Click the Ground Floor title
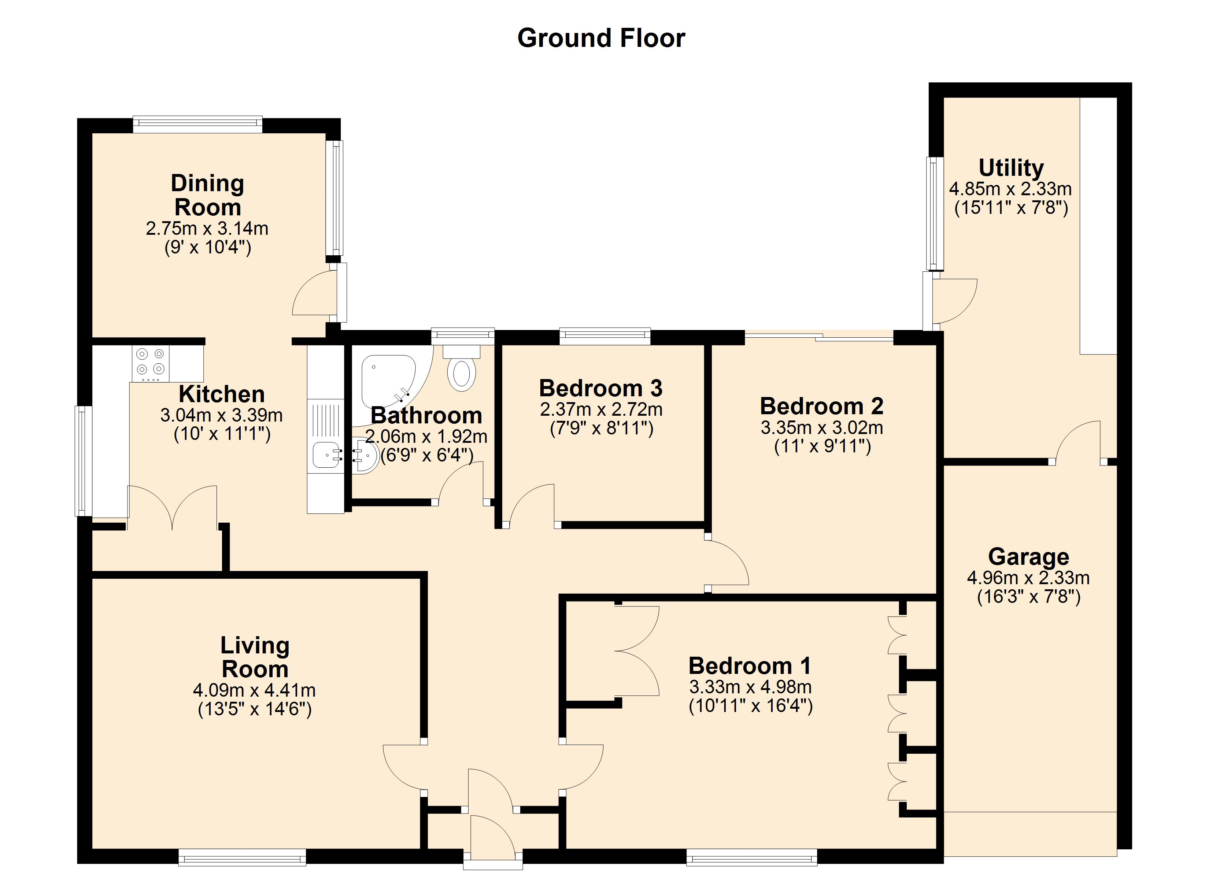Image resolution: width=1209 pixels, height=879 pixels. point(601,38)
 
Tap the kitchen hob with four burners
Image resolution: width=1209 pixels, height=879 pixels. point(150,364)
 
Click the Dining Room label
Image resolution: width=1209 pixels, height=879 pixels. point(208,195)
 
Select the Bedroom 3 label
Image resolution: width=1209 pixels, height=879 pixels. point(601,388)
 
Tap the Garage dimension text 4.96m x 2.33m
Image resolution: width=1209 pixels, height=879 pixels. point(1028,578)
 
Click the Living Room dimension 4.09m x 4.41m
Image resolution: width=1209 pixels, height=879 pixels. point(254,690)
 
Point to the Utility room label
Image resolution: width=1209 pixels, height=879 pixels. point(1011,168)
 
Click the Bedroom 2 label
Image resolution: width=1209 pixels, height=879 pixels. point(821,406)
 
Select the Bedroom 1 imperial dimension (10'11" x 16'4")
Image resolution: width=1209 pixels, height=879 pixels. point(751,706)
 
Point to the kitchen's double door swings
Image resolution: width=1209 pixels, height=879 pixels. point(172,508)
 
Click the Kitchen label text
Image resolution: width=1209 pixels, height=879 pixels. point(222,394)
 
